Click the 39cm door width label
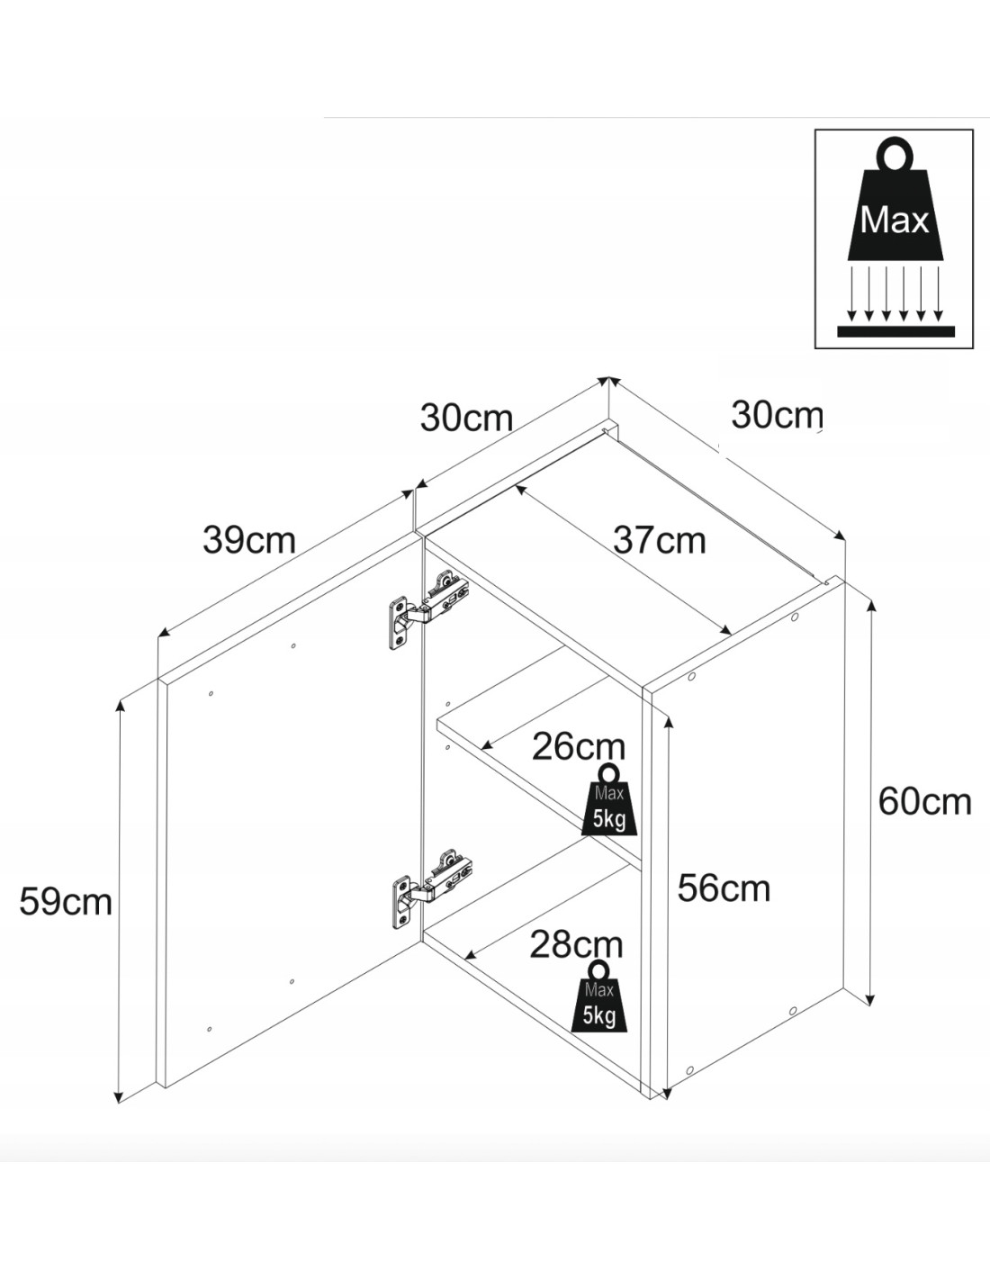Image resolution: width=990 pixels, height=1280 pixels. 249,540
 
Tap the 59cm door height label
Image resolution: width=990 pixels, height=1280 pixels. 66,901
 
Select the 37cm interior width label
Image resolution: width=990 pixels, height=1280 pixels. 659,540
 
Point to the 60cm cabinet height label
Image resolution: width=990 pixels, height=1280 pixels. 924,801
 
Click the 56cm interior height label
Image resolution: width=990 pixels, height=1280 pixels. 724,888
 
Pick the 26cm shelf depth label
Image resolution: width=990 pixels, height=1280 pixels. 578,746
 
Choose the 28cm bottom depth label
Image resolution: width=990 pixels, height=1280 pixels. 576,944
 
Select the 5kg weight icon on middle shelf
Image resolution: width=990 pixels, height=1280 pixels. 609,800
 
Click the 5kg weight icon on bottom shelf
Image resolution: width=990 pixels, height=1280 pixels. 599,997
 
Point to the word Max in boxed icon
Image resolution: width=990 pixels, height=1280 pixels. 894,220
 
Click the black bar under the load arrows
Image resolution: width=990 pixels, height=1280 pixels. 895,331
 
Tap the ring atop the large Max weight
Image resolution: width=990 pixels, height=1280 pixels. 895,155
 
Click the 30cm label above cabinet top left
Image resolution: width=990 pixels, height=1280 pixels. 466,418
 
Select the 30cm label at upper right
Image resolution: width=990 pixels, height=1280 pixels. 777,415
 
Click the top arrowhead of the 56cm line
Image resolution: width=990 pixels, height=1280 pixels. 666,721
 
